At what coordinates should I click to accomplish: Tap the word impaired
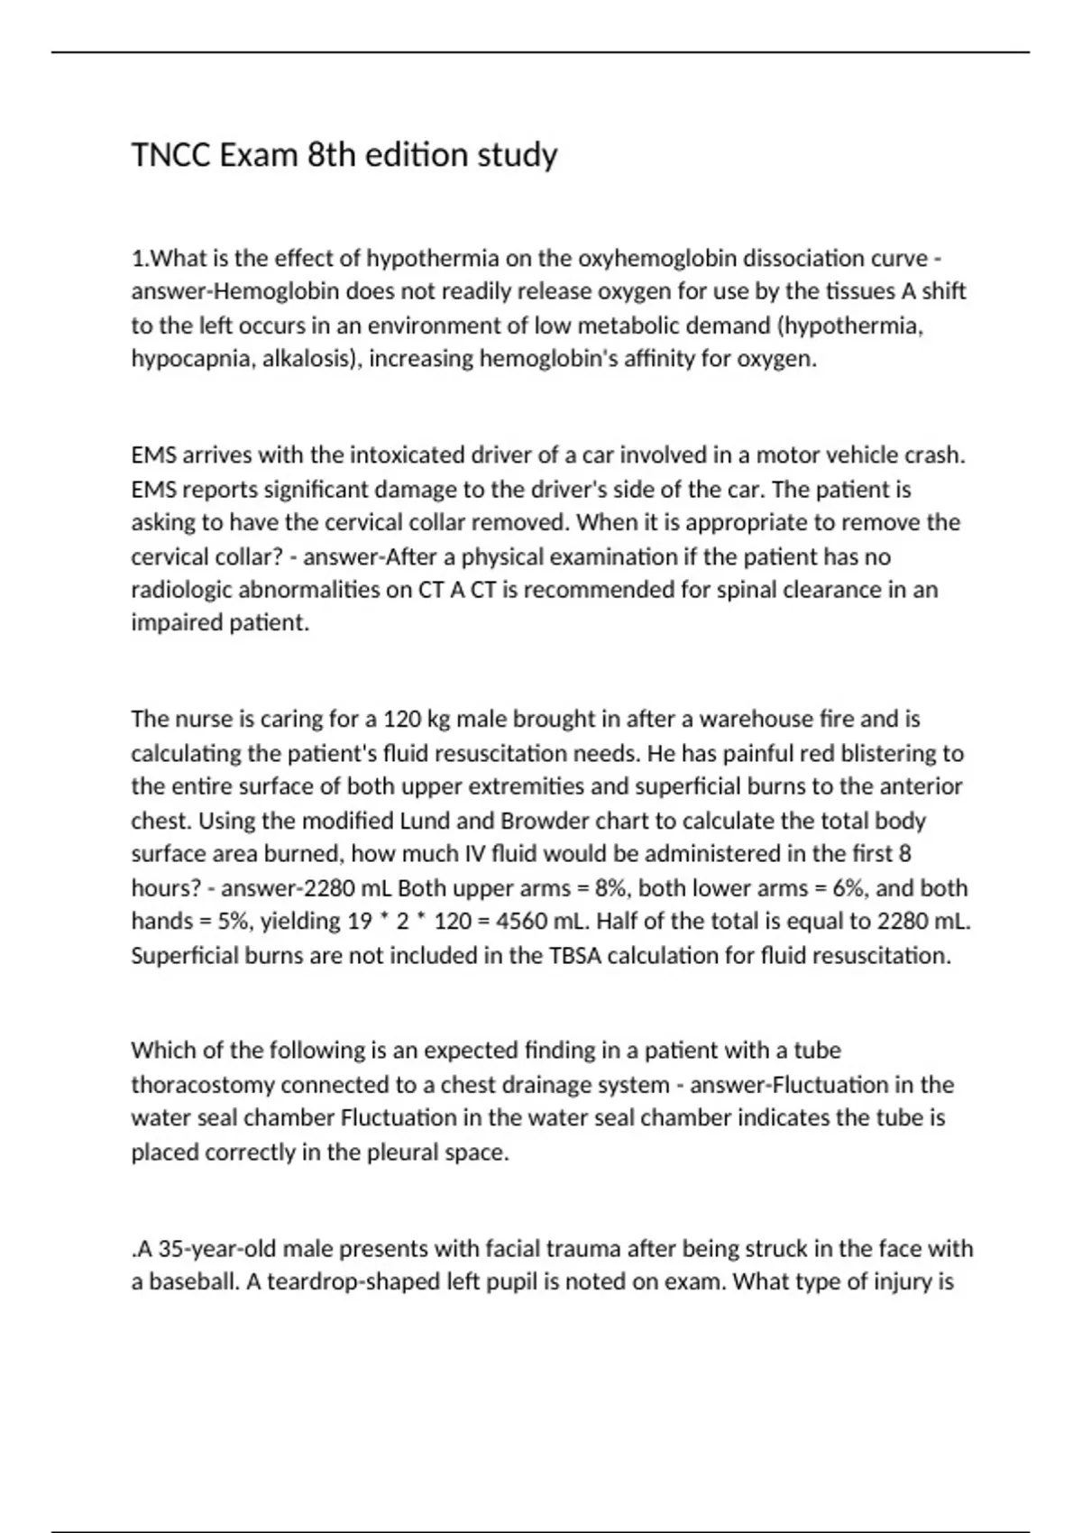coord(174,623)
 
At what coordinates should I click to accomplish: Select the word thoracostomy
coord(203,1085)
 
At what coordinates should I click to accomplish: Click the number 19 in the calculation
coord(360,922)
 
